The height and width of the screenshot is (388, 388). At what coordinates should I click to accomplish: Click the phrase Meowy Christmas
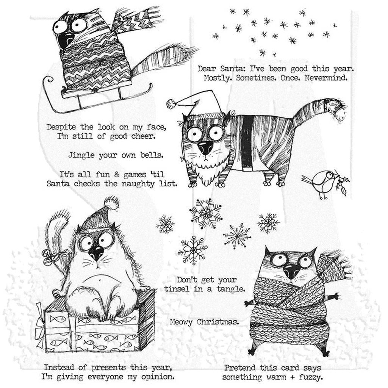(x=204, y=322)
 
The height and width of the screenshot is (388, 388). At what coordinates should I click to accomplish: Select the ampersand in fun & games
(x=116, y=175)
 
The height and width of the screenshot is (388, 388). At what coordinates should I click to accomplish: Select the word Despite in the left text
(x=61, y=127)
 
